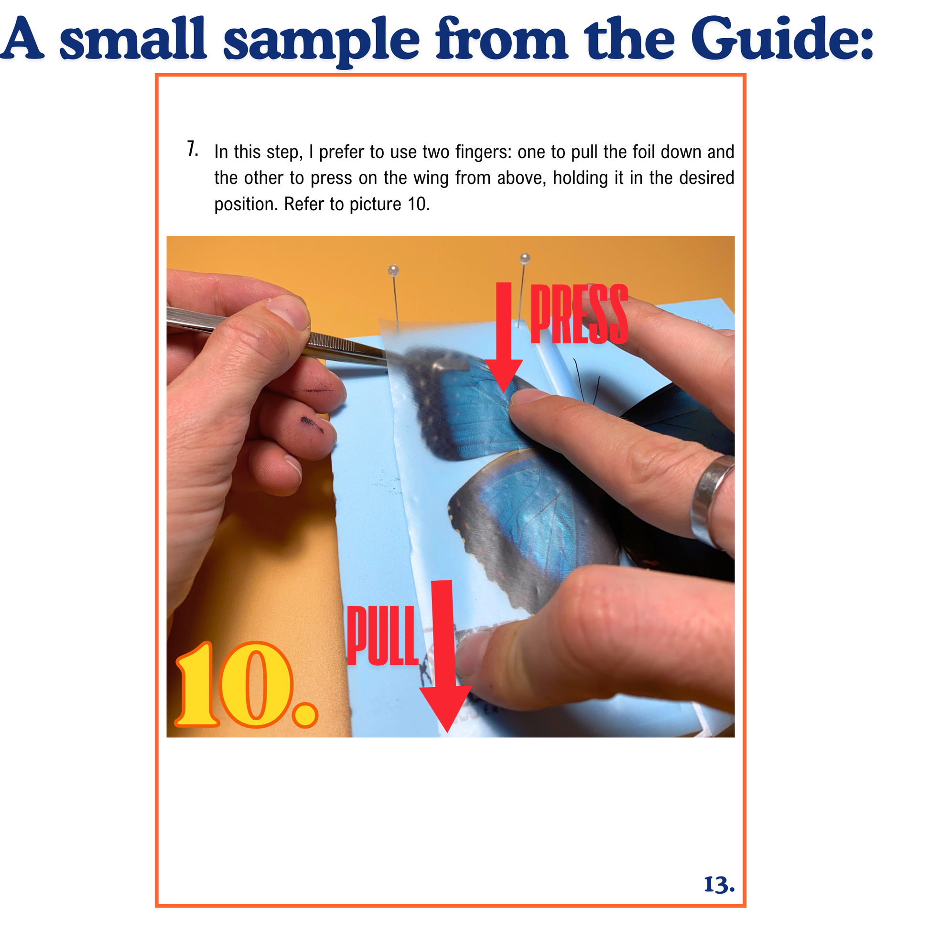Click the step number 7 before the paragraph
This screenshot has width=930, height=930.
tap(192, 149)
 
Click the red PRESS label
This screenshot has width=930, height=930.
tap(579, 314)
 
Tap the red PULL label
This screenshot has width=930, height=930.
tap(382, 635)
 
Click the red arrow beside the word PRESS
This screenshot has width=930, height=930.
tap(504, 337)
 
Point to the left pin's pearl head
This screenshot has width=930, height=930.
tap(393, 270)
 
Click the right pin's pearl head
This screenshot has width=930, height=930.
tap(525, 259)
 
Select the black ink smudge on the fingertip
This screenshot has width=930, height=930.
tap(313, 424)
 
